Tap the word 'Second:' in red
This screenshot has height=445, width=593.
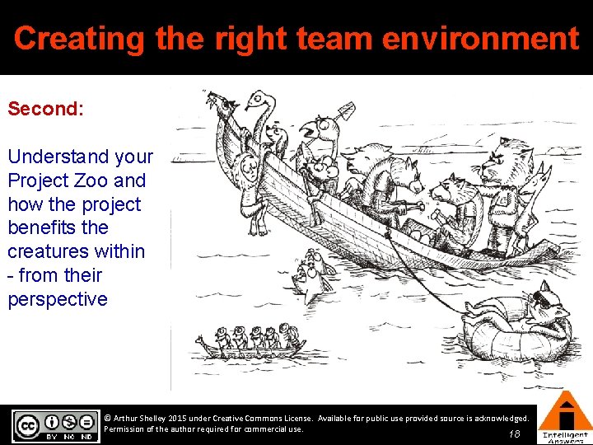click(x=45, y=109)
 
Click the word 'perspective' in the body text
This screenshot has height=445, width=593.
click(x=58, y=299)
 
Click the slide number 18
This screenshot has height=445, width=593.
click(x=515, y=433)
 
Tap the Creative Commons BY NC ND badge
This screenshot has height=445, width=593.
click(x=55, y=425)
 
